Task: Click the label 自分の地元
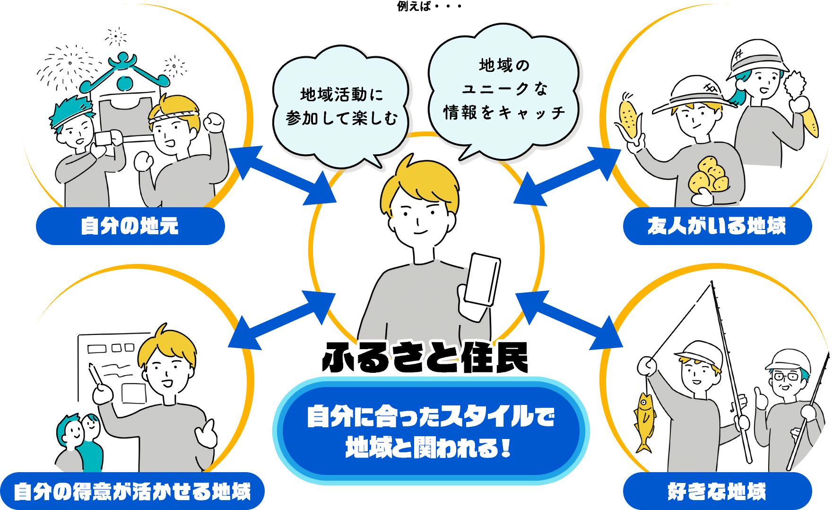pos(130,226)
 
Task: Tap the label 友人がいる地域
pos(717,226)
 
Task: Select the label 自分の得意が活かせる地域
pos(132,491)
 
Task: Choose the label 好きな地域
pos(717,491)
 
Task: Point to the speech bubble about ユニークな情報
pos(504,90)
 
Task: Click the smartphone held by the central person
pos(482,280)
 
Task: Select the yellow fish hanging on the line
pos(644,421)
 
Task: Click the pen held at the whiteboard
pos(95,375)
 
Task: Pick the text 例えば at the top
pos(414,6)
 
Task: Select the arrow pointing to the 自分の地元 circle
pos(282,175)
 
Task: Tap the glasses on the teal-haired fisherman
pos(786,377)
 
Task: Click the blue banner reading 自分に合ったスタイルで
pos(431,431)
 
